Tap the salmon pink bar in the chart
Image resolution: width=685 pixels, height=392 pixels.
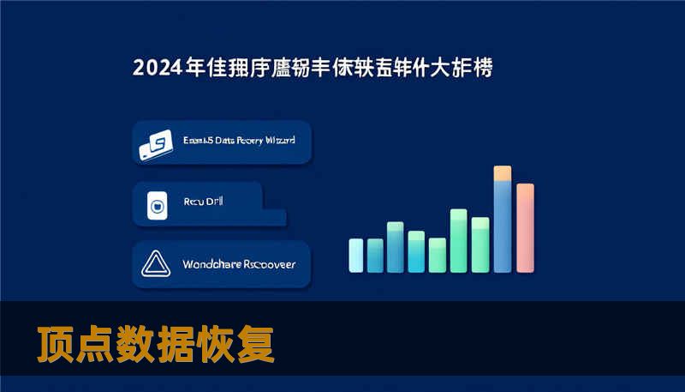[525, 228]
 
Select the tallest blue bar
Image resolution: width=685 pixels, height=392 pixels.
[503, 225]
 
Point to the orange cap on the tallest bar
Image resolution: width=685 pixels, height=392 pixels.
[503, 172]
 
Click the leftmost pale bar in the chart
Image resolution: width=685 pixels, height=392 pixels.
[356, 255]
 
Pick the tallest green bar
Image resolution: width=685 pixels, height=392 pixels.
[458, 240]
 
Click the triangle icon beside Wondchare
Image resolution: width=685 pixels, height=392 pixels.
[157, 264]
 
